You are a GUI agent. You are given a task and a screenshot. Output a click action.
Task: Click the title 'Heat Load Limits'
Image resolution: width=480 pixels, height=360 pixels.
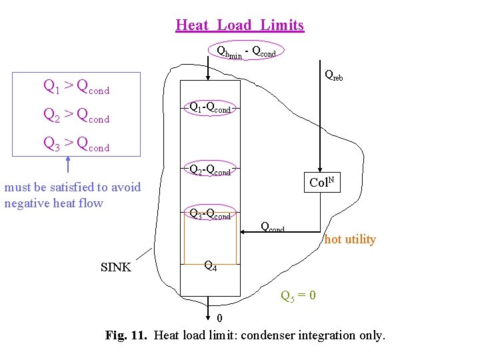pos(239,25)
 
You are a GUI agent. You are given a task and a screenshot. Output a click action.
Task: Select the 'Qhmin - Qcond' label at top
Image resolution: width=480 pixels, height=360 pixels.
pos(247,51)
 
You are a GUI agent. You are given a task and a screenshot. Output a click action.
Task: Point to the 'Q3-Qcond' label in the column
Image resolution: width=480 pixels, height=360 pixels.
pos(210,215)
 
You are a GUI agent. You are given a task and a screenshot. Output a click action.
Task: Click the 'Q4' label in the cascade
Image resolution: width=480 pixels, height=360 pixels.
pos(209,266)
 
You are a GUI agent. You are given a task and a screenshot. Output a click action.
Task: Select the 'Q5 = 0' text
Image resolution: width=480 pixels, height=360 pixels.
pos(298,295)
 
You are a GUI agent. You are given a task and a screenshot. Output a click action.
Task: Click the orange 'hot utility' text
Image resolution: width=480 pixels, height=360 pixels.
pos(350,239)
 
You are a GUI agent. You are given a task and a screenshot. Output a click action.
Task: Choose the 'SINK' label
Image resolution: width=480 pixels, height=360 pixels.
pos(115,268)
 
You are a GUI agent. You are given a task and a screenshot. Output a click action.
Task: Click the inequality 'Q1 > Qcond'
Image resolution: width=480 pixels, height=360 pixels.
pos(76,86)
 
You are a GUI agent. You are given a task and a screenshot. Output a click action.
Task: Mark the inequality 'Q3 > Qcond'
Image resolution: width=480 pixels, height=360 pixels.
pos(76,143)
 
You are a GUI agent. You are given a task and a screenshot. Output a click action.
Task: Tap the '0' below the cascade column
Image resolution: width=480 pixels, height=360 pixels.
pos(210,317)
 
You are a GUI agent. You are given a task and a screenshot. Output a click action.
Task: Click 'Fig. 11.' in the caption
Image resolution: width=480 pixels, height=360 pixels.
pos(127,335)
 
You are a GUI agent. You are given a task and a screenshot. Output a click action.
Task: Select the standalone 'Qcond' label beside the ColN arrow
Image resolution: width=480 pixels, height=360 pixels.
pos(273,228)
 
